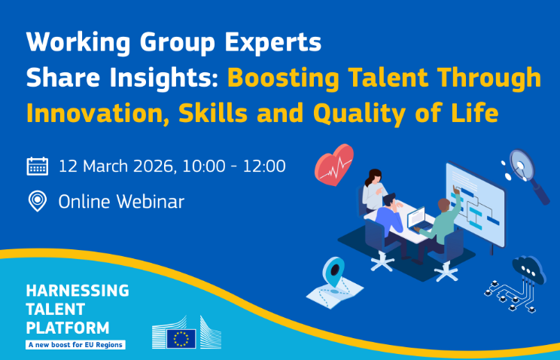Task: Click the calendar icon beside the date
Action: click(38, 166)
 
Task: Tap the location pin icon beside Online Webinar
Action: click(37, 201)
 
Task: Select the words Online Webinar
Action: click(121, 201)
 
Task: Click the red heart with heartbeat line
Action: click(334, 163)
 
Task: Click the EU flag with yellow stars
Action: click(181, 338)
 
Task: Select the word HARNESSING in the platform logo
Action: click(78, 291)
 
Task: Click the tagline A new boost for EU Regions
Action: click(75, 344)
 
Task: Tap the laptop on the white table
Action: click(417, 219)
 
